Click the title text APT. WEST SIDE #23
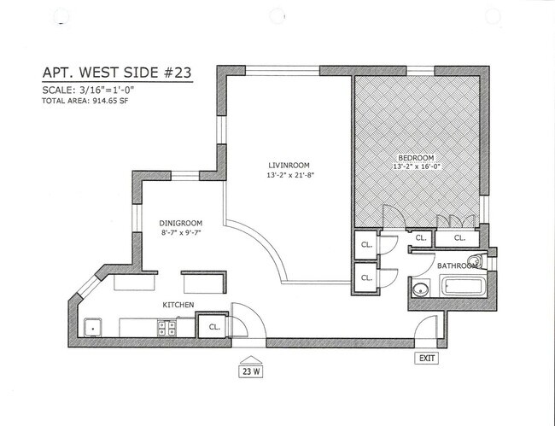pyautogui.click(x=117, y=74)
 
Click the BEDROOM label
pyautogui.click(x=417, y=157)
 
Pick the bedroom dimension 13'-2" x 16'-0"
pyautogui.click(x=417, y=167)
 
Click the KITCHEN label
pyautogui.click(x=178, y=305)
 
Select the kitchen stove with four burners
pyautogui.click(x=166, y=326)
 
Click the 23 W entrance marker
pyautogui.click(x=249, y=371)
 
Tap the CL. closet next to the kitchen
pyautogui.click(x=213, y=325)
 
